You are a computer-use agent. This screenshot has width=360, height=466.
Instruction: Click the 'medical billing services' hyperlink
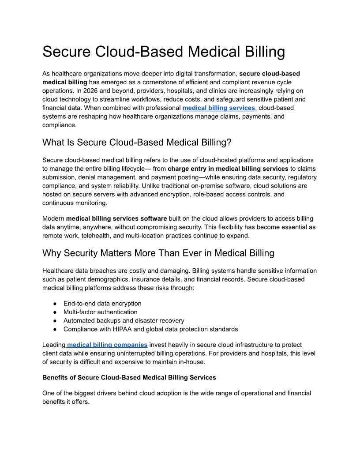pyautogui.click(x=218, y=108)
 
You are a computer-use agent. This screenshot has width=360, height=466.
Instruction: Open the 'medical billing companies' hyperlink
pyautogui.click(x=107, y=345)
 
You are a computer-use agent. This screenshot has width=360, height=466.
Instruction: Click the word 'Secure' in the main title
pyautogui.click(x=66, y=52)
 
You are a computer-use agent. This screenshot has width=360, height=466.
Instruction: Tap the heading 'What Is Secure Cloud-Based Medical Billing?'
pyautogui.click(x=137, y=143)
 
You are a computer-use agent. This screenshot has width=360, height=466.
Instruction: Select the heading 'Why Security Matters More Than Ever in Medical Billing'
pyautogui.click(x=158, y=253)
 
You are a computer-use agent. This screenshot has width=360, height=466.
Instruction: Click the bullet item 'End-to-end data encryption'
pyautogui.click(x=102, y=304)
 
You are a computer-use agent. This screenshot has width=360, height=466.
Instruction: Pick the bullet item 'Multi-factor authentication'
pyautogui.click(x=100, y=312)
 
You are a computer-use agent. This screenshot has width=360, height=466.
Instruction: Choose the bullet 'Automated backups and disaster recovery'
pyautogui.click(x=124, y=321)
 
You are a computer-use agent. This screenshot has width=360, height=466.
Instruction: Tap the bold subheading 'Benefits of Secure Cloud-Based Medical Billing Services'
pyautogui.click(x=129, y=377)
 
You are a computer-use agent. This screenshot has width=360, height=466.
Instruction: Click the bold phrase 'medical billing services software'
pyautogui.click(x=116, y=218)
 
